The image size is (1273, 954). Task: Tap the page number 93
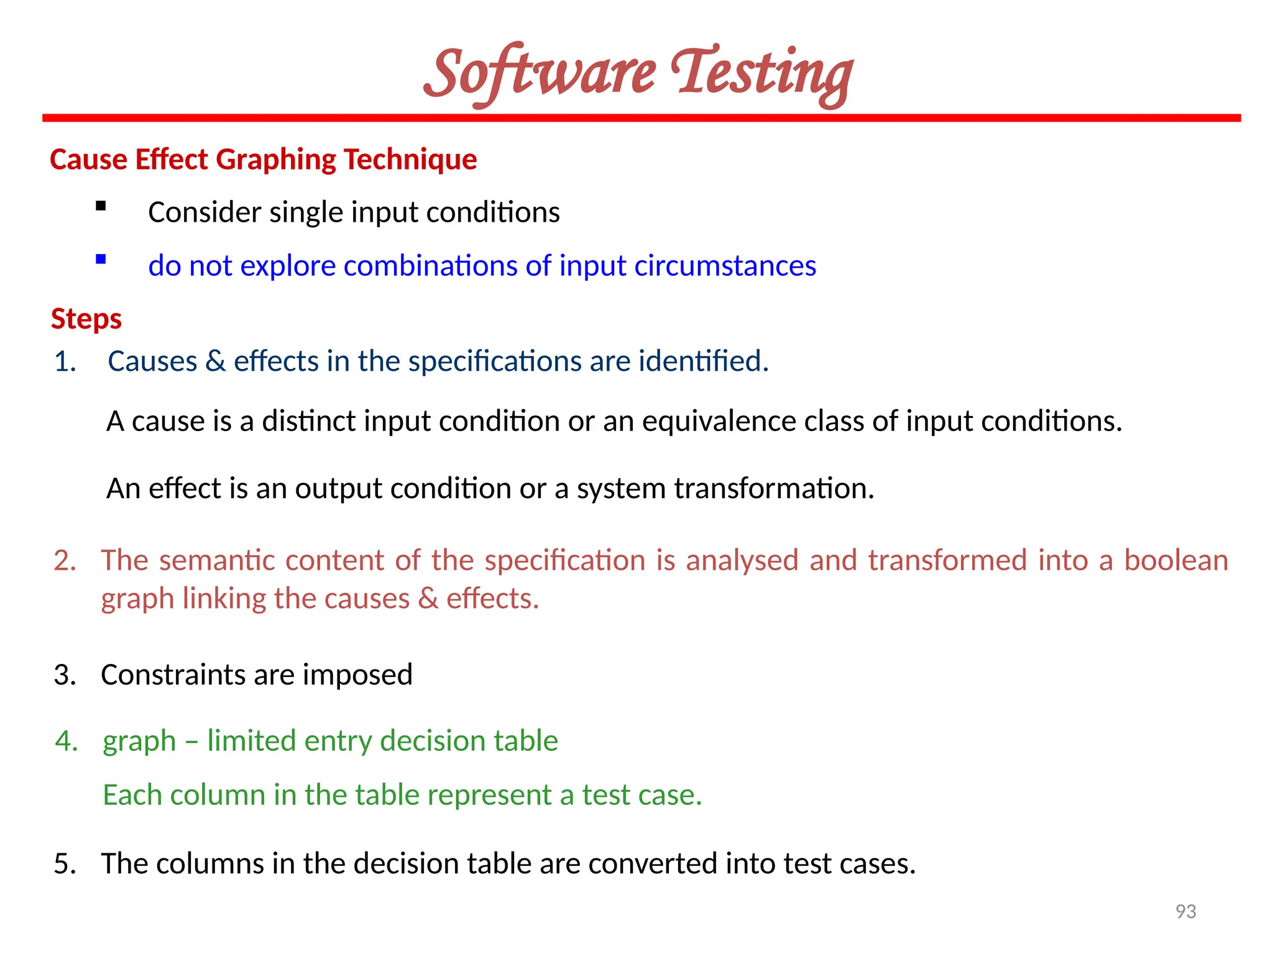pos(1185,911)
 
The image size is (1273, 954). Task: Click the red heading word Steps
pos(86,319)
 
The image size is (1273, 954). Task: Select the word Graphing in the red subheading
pos(277,160)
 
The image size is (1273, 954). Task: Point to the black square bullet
pos(101,206)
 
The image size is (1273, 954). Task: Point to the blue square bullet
pos(101,260)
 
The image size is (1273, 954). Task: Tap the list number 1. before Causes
pos(65,361)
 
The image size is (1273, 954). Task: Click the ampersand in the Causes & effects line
pos(215,361)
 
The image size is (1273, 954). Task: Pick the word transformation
pos(774,489)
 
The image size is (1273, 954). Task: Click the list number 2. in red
pos(65,561)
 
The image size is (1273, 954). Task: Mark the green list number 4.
pos(67,741)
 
